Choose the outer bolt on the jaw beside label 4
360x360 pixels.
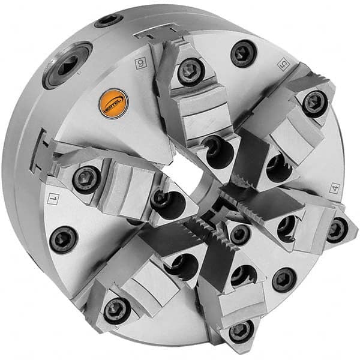(x=337, y=229)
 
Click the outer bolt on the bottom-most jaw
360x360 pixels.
(x=241, y=329)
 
